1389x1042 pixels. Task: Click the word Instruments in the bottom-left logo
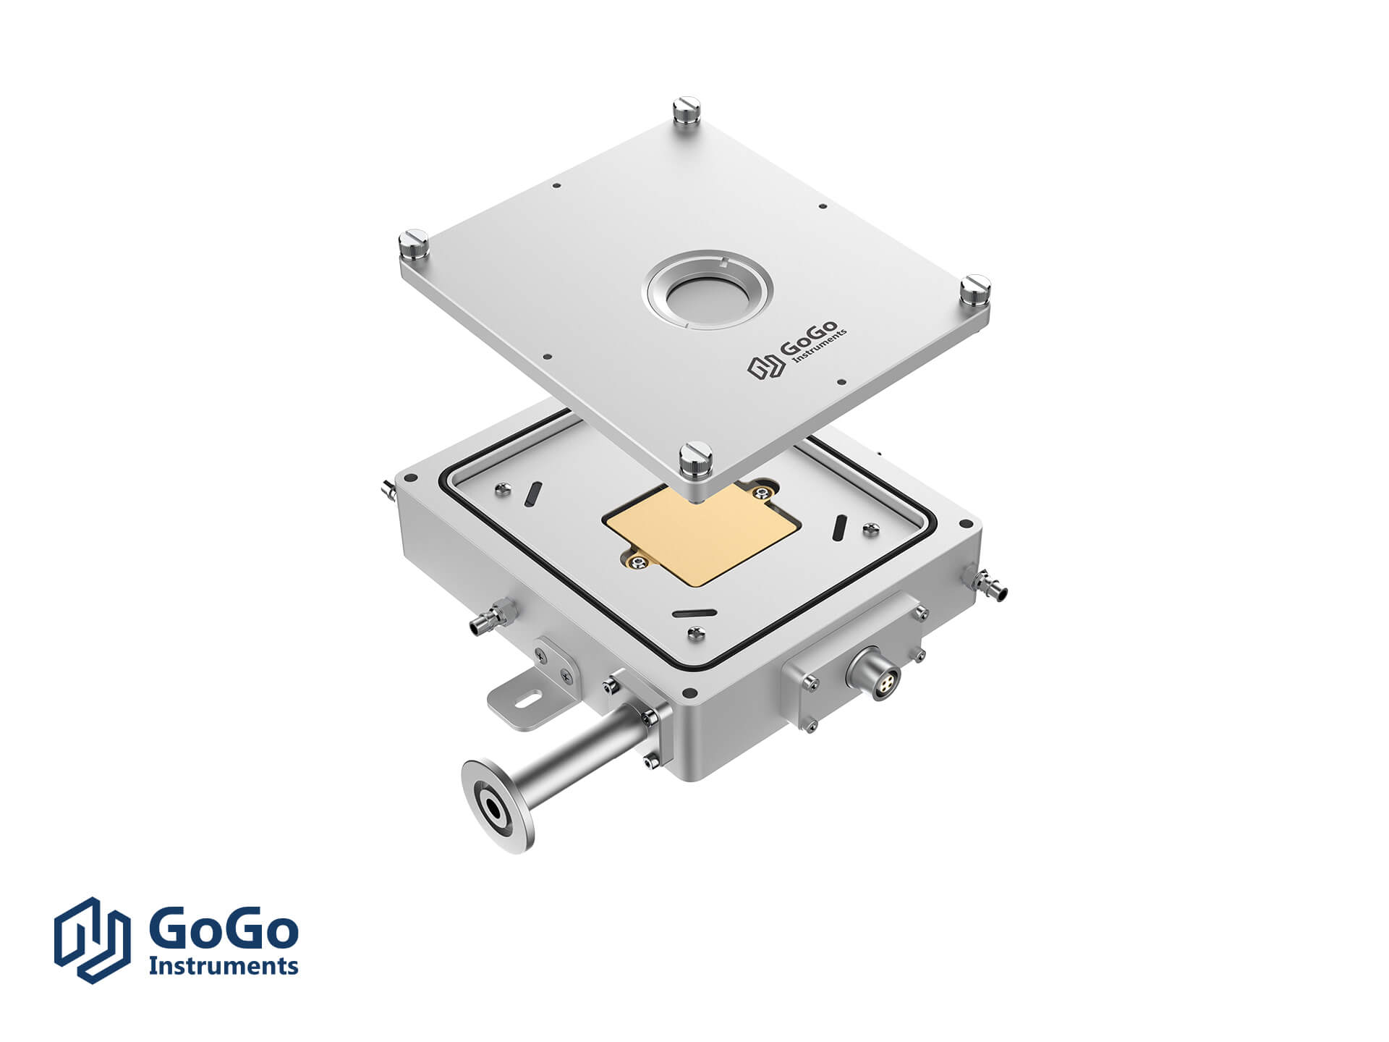[224, 965]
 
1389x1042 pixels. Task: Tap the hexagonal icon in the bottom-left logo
[93, 940]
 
